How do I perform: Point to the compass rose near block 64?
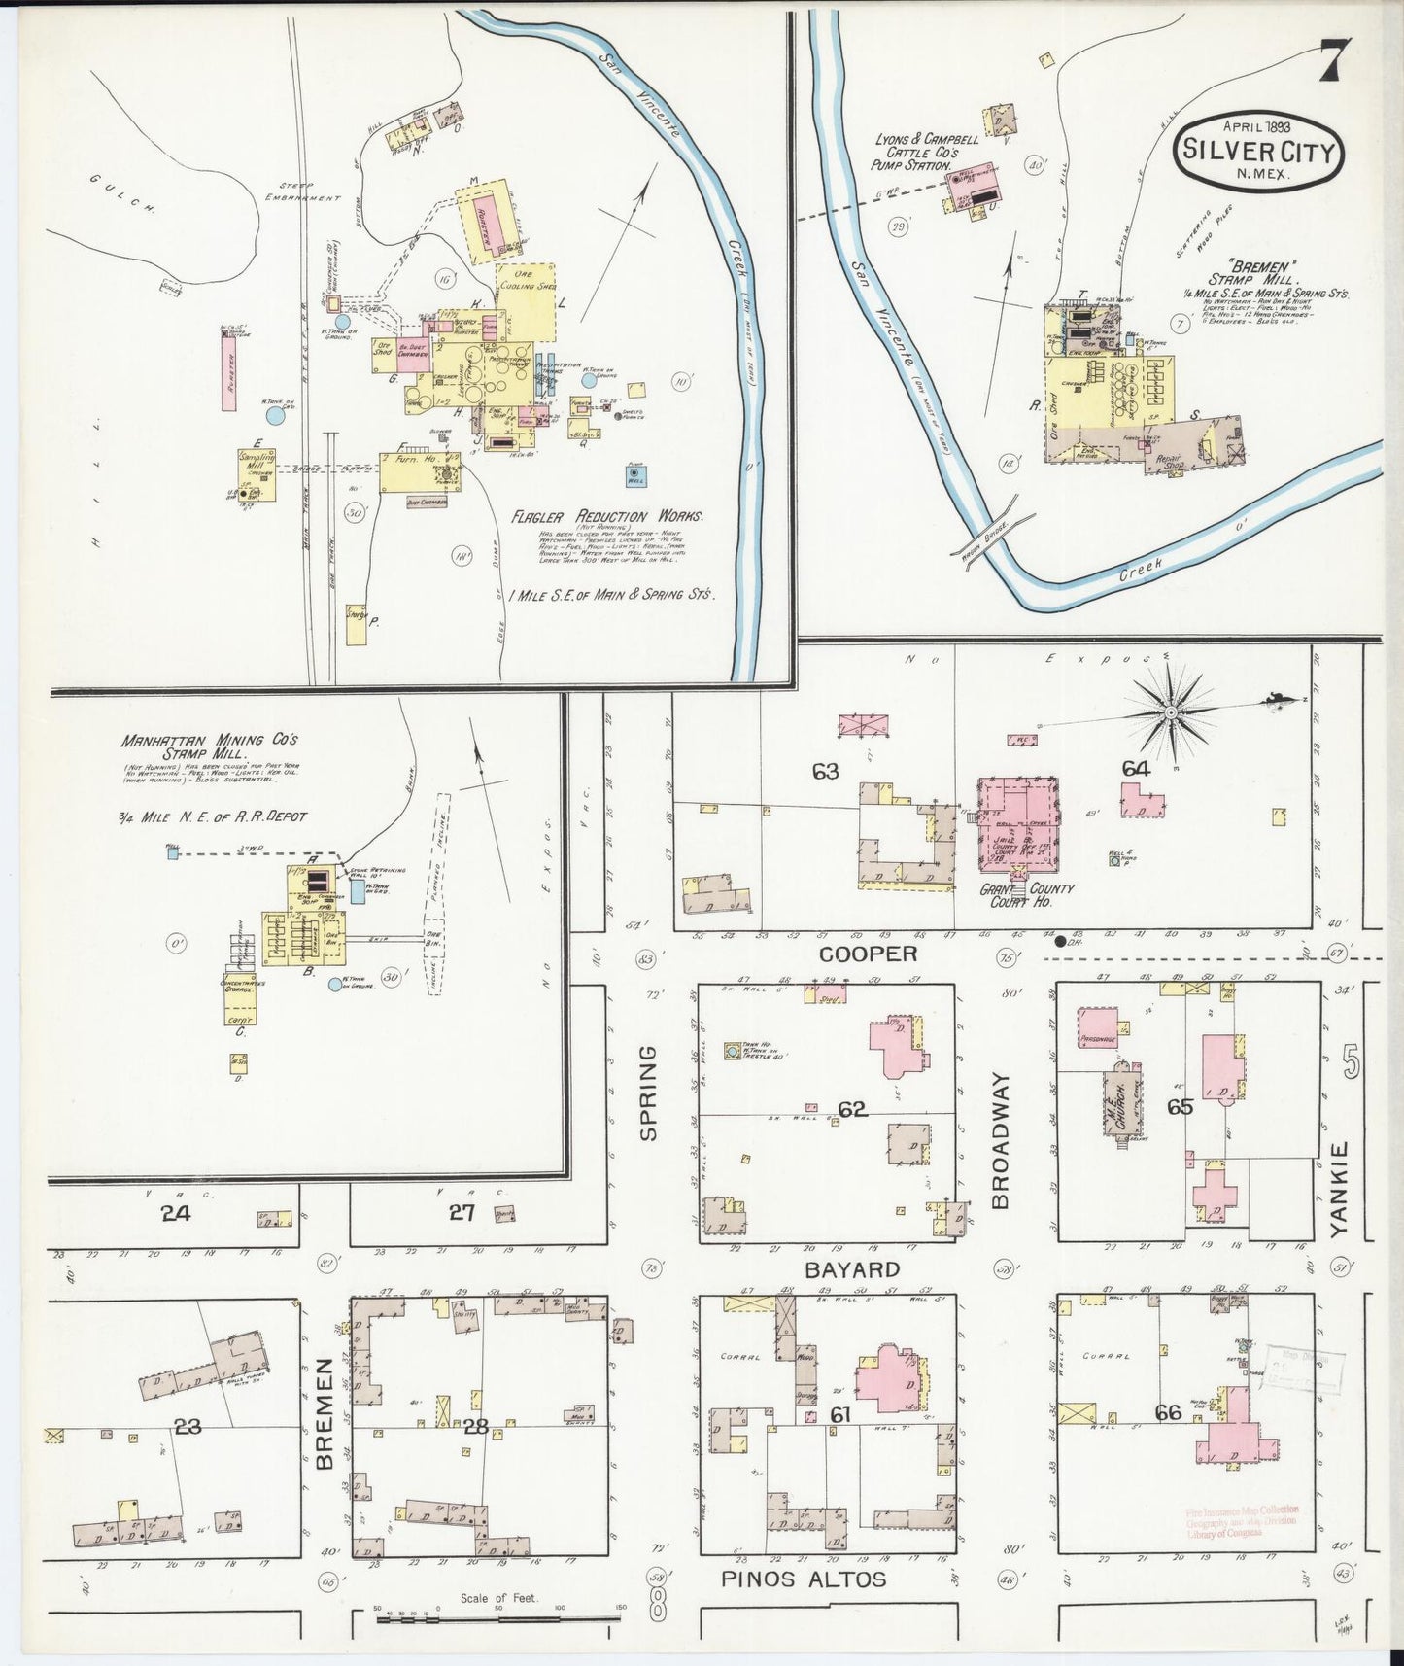pos(1172,712)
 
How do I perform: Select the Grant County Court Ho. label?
pos(1026,894)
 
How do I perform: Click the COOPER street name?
pos(869,954)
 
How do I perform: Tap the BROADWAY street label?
pos(1001,1139)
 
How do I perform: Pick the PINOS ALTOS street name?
pos(804,1579)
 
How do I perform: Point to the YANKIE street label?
pos(1339,1188)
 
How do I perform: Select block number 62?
pos(852,1109)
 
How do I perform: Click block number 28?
pos(475,1427)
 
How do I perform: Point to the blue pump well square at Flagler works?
pos(636,475)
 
